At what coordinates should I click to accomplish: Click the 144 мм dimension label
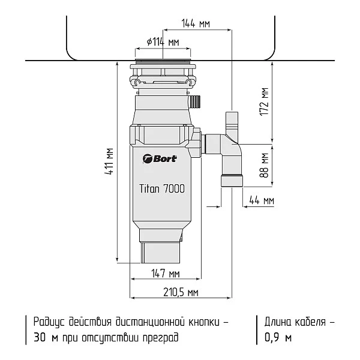coord(196,24)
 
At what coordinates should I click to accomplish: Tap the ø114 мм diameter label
coord(163,43)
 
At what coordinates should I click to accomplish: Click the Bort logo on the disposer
coord(159,159)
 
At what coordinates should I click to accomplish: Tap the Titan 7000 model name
coord(161,188)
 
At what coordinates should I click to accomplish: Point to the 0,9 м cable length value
coord(278,338)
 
